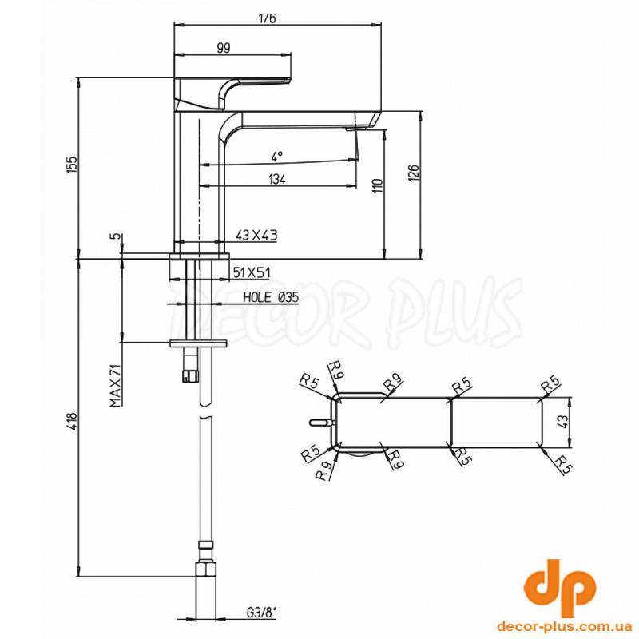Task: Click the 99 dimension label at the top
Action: (x=224, y=48)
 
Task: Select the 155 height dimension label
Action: (x=72, y=165)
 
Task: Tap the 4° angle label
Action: (x=276, y=156)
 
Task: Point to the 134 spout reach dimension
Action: (x=277, y=179)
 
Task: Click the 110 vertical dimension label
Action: (x=378, y=185)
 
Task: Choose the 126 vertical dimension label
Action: (x=413, y=173)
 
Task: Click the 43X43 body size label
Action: (x=256, y=235)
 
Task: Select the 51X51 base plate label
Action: (x=252, y=272)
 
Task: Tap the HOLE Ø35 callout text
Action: (x=271, y=297)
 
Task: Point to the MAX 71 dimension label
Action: (x=116, y=386)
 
